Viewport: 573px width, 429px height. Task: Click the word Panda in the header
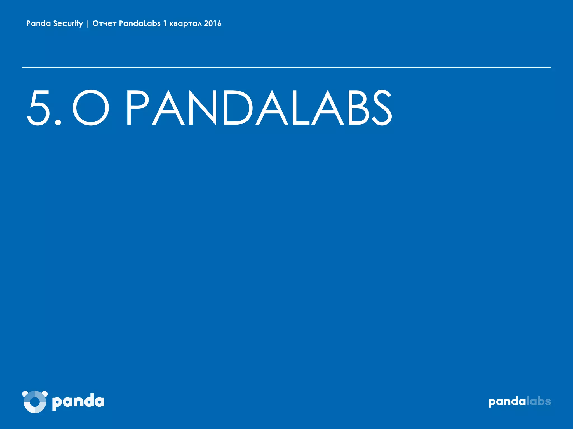pyautogui.click(x=39, y=23)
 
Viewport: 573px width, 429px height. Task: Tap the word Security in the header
pyautogui.click(x=68, y=23)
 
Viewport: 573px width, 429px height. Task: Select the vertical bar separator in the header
pyautogui.click(x=88, y=24)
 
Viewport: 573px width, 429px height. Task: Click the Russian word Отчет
pyautogui.click(x=104, y=24)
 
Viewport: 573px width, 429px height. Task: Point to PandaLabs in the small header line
pyautogui.click(x=140, y=23)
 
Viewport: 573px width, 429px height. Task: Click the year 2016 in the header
pyautogui.click(x=213, y=23)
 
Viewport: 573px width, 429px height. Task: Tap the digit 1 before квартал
pyautogui.click(x=165, y=23)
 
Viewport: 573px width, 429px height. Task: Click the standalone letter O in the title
pyautogui.click(x=91, y=108)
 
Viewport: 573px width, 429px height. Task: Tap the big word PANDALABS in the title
pyautogui.click(x=259, y=108)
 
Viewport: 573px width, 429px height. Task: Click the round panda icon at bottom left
pyautogui.click(x=35, y=402)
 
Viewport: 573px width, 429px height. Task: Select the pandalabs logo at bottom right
pyautogui.click(x=520, y=402)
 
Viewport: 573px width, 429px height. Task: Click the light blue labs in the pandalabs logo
pyautogui.click(x=539, y=401)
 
